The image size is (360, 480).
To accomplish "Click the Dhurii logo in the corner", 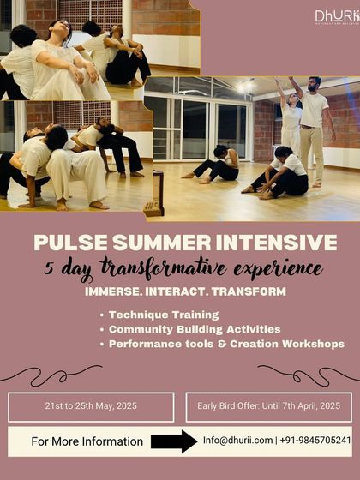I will click(x=337, y=16).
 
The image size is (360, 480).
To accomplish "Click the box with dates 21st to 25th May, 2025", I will click(x=92, y=407).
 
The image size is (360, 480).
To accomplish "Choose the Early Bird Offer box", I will click(x=268, y=407).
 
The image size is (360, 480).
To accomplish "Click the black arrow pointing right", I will click(x=174, y=441).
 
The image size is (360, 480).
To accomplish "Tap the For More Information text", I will click(x=87, y=441).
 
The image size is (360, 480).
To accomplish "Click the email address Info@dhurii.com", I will click(x=237, y=441).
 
